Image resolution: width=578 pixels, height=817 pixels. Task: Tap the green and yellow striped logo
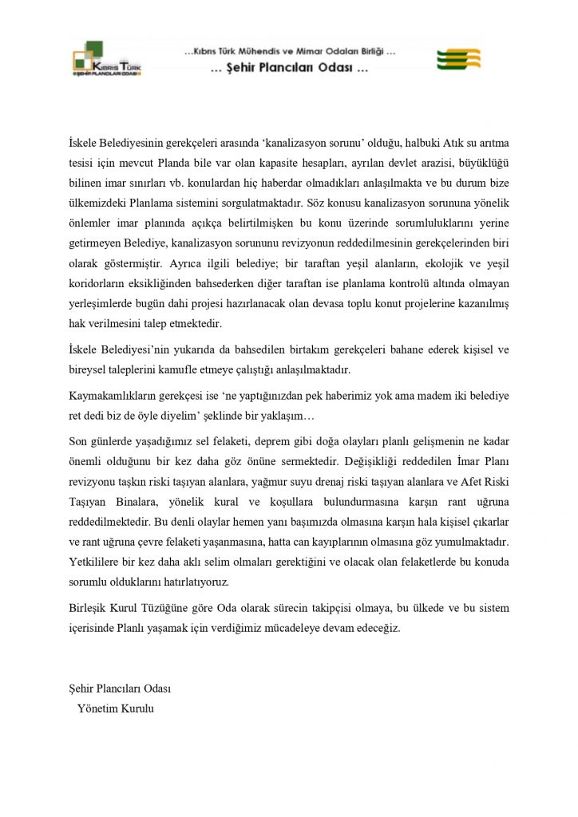pyautogui.click(x=458, y=59)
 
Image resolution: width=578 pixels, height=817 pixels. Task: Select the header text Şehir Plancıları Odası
pyautogui.click(x=289, y=68)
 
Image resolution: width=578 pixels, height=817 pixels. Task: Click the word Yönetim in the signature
pyautogui.click(x=97, y=707)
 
